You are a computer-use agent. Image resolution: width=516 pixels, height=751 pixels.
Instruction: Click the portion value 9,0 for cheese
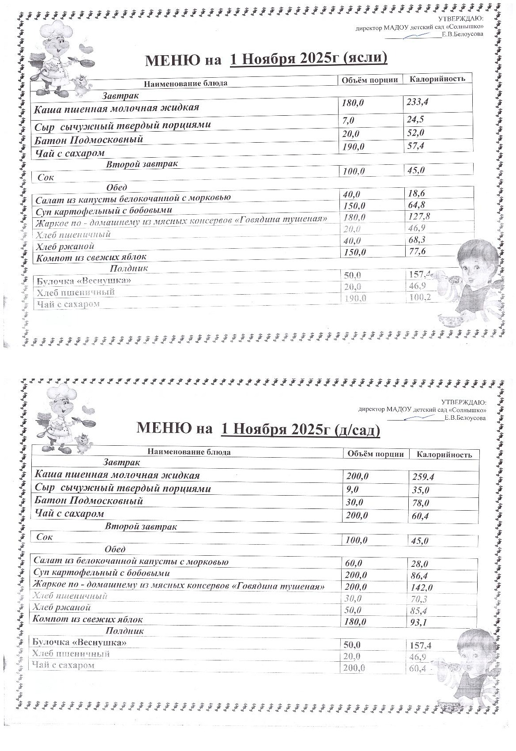coord(353,489)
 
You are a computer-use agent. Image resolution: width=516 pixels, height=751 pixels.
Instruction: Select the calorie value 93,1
coord(421,622)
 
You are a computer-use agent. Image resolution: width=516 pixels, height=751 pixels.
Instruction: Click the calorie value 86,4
coord(420,576)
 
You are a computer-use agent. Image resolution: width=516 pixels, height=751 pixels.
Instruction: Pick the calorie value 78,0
coord(420,503)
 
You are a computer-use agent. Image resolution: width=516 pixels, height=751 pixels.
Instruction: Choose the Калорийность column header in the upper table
coord(437,79)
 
